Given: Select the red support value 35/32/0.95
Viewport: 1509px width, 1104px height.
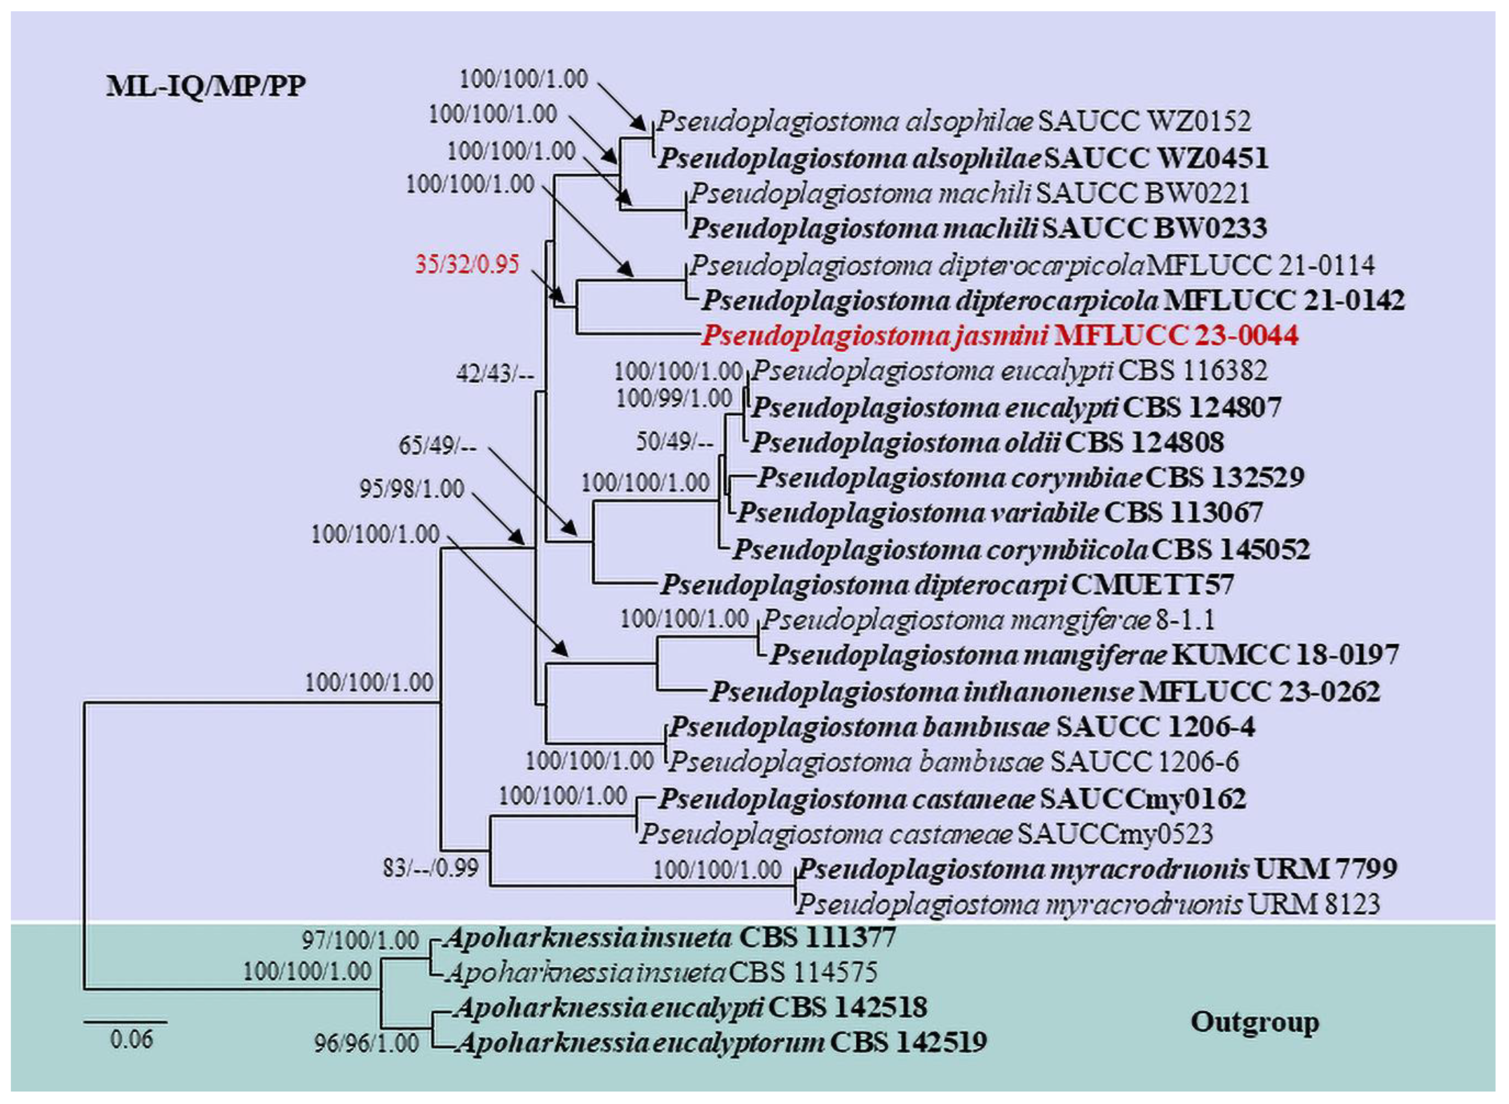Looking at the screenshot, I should [466, 265].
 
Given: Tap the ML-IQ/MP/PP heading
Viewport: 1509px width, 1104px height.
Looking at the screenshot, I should [206, 86].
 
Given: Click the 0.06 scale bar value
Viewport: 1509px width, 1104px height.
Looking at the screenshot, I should [131, 1039].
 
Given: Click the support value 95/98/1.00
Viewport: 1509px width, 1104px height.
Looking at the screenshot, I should [412, 489].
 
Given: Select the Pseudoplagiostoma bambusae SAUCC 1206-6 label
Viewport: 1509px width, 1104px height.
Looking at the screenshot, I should [954, 762].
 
